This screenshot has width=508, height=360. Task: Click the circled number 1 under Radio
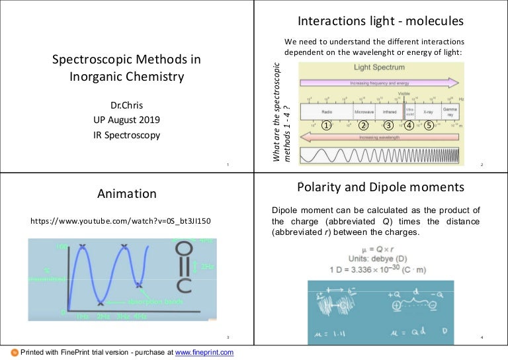coord(325,124)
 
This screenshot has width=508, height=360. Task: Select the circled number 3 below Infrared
coord(389,124)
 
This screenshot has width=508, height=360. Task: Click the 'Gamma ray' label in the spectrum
coord(450,111)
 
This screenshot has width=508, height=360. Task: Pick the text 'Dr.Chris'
coord(127,105)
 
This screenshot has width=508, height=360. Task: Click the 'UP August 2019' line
coord(127,120)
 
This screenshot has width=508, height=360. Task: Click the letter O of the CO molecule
coord(185,249)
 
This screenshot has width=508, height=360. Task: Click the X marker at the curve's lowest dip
coord(101,304)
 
